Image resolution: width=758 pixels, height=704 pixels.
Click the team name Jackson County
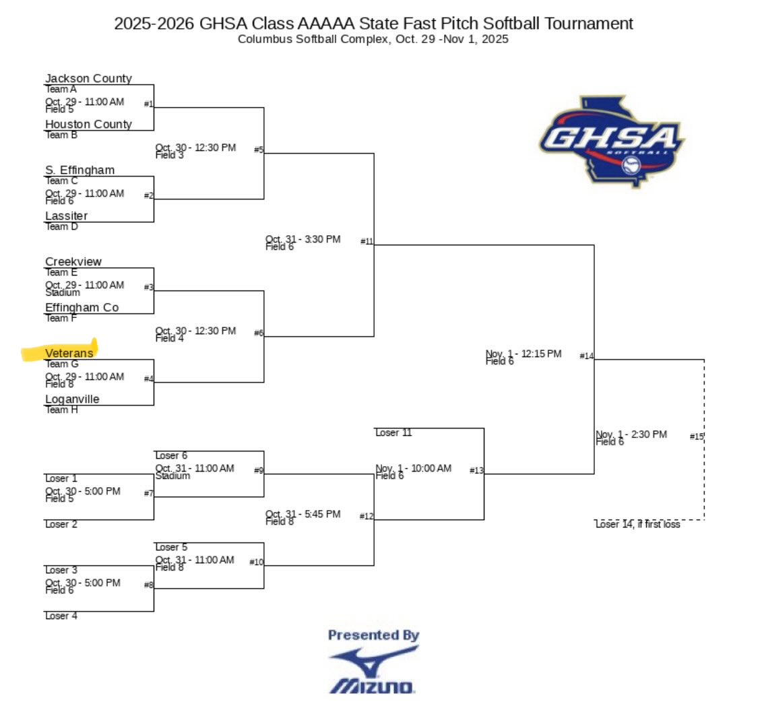[88, 79]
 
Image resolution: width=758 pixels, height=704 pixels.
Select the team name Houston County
[88, 125]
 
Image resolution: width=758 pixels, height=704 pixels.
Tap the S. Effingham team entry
[80, 170]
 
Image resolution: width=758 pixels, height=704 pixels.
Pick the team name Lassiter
[66, 216]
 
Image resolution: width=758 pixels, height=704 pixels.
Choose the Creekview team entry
[73, 262]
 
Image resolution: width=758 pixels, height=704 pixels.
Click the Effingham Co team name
[82, 308]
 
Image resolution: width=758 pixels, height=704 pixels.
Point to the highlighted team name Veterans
[69, 353]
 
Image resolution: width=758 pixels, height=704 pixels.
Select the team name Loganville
[72, 399]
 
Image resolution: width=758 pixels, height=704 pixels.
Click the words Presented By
[373, 635]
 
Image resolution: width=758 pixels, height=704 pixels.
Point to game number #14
[586, 356]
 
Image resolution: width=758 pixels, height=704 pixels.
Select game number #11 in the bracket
[367, 241]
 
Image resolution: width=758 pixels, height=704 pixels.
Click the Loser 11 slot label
[393, 433]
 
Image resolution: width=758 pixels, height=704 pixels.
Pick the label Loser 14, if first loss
[637, 524]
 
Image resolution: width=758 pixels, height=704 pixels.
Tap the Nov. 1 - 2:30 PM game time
[631, 435]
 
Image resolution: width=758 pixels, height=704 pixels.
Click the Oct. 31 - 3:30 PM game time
[303, 239]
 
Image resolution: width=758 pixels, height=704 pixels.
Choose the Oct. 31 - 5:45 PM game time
[303, 514]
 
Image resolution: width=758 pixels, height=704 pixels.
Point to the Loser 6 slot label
[171, 455]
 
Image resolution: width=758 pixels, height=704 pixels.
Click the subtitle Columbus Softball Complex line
[373, 40]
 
